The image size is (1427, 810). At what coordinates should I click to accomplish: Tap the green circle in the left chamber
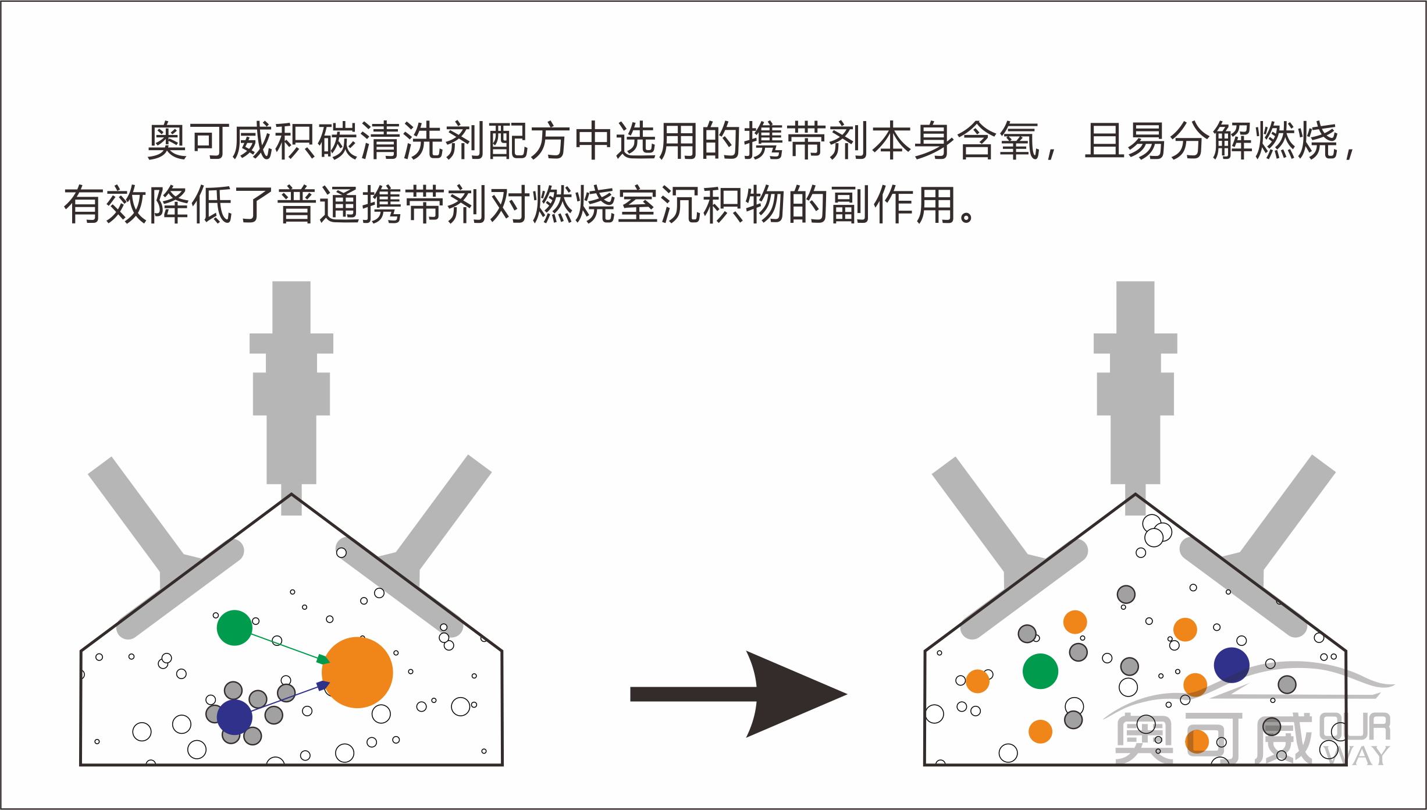(x=234, y=628)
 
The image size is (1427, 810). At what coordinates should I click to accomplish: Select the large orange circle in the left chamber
(x=357, y=673)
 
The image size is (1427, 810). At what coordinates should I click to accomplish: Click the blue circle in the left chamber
(x=234, y=717)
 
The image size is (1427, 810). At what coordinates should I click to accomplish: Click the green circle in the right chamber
(x=1040, y=671)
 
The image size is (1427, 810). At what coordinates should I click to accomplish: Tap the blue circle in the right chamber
(x=1232, y=665)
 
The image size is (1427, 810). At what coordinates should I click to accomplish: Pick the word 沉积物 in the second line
(x=724, y=205)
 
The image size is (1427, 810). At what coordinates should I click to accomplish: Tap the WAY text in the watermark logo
(x=1355, y=756)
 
